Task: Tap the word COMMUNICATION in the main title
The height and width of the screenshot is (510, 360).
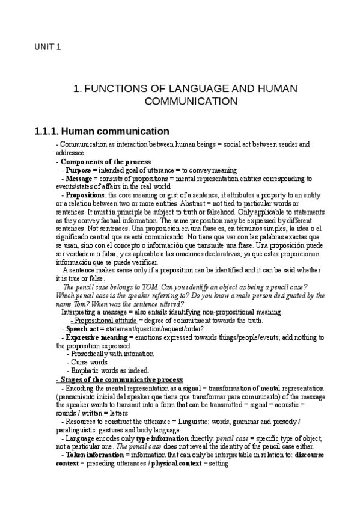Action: [x=191, y=101]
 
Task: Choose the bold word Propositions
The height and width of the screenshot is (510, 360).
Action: [x=85, y=195]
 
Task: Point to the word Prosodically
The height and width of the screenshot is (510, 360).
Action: [x=91, y=354]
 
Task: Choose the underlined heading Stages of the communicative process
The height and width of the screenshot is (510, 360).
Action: [x=119, y=379]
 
